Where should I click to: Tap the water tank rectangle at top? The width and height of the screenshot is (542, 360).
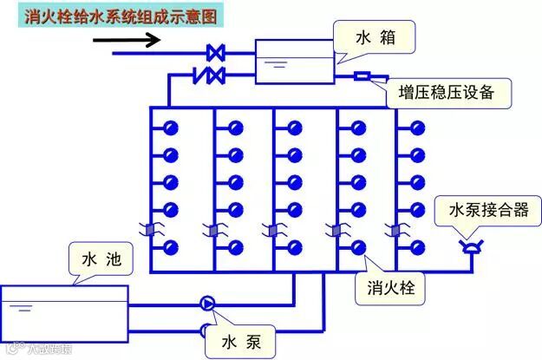pos(294,61)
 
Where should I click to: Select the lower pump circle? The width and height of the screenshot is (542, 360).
pos(207,329)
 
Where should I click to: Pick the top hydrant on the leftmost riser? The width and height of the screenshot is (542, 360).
pos(171,128)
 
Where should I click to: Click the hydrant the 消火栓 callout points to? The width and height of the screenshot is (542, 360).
pos(357,246)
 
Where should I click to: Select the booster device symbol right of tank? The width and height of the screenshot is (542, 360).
pos(362,76)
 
